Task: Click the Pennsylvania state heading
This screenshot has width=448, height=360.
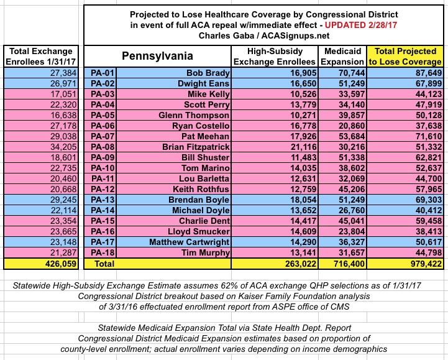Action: (158, 57)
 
